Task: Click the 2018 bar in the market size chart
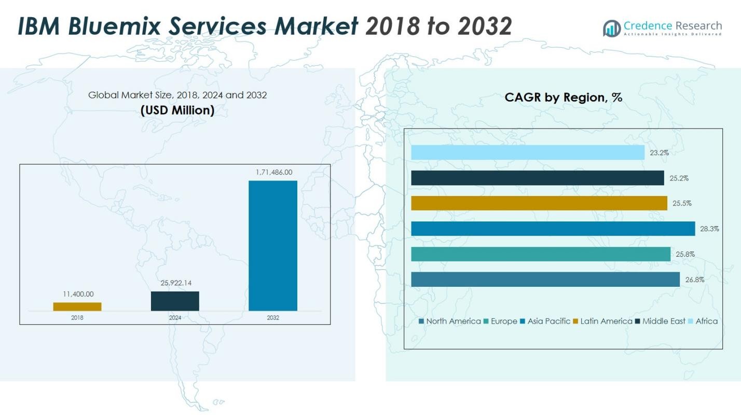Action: coord(77,307)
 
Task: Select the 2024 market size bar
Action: coord(175,301)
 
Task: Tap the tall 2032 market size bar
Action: coord(273,245)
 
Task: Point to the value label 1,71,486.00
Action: coord(273,172)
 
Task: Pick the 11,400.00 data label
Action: coord(78,294)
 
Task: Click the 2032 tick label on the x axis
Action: coord(273,318)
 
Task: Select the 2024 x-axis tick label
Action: coord(175,318)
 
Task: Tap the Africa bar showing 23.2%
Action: coord(528,152)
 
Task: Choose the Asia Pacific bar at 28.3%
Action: coord(553,229)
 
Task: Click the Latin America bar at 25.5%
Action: coord(539,203)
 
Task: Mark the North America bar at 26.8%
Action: coord(545,279)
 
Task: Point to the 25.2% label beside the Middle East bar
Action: coord(679,178)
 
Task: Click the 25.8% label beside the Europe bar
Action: coord(685,254)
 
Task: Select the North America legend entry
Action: coord(449,321)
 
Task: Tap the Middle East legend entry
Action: coord(660,321)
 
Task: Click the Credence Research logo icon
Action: coord(612,28)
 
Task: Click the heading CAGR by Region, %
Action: coord(563,97)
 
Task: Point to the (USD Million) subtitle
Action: coord(177,110)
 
